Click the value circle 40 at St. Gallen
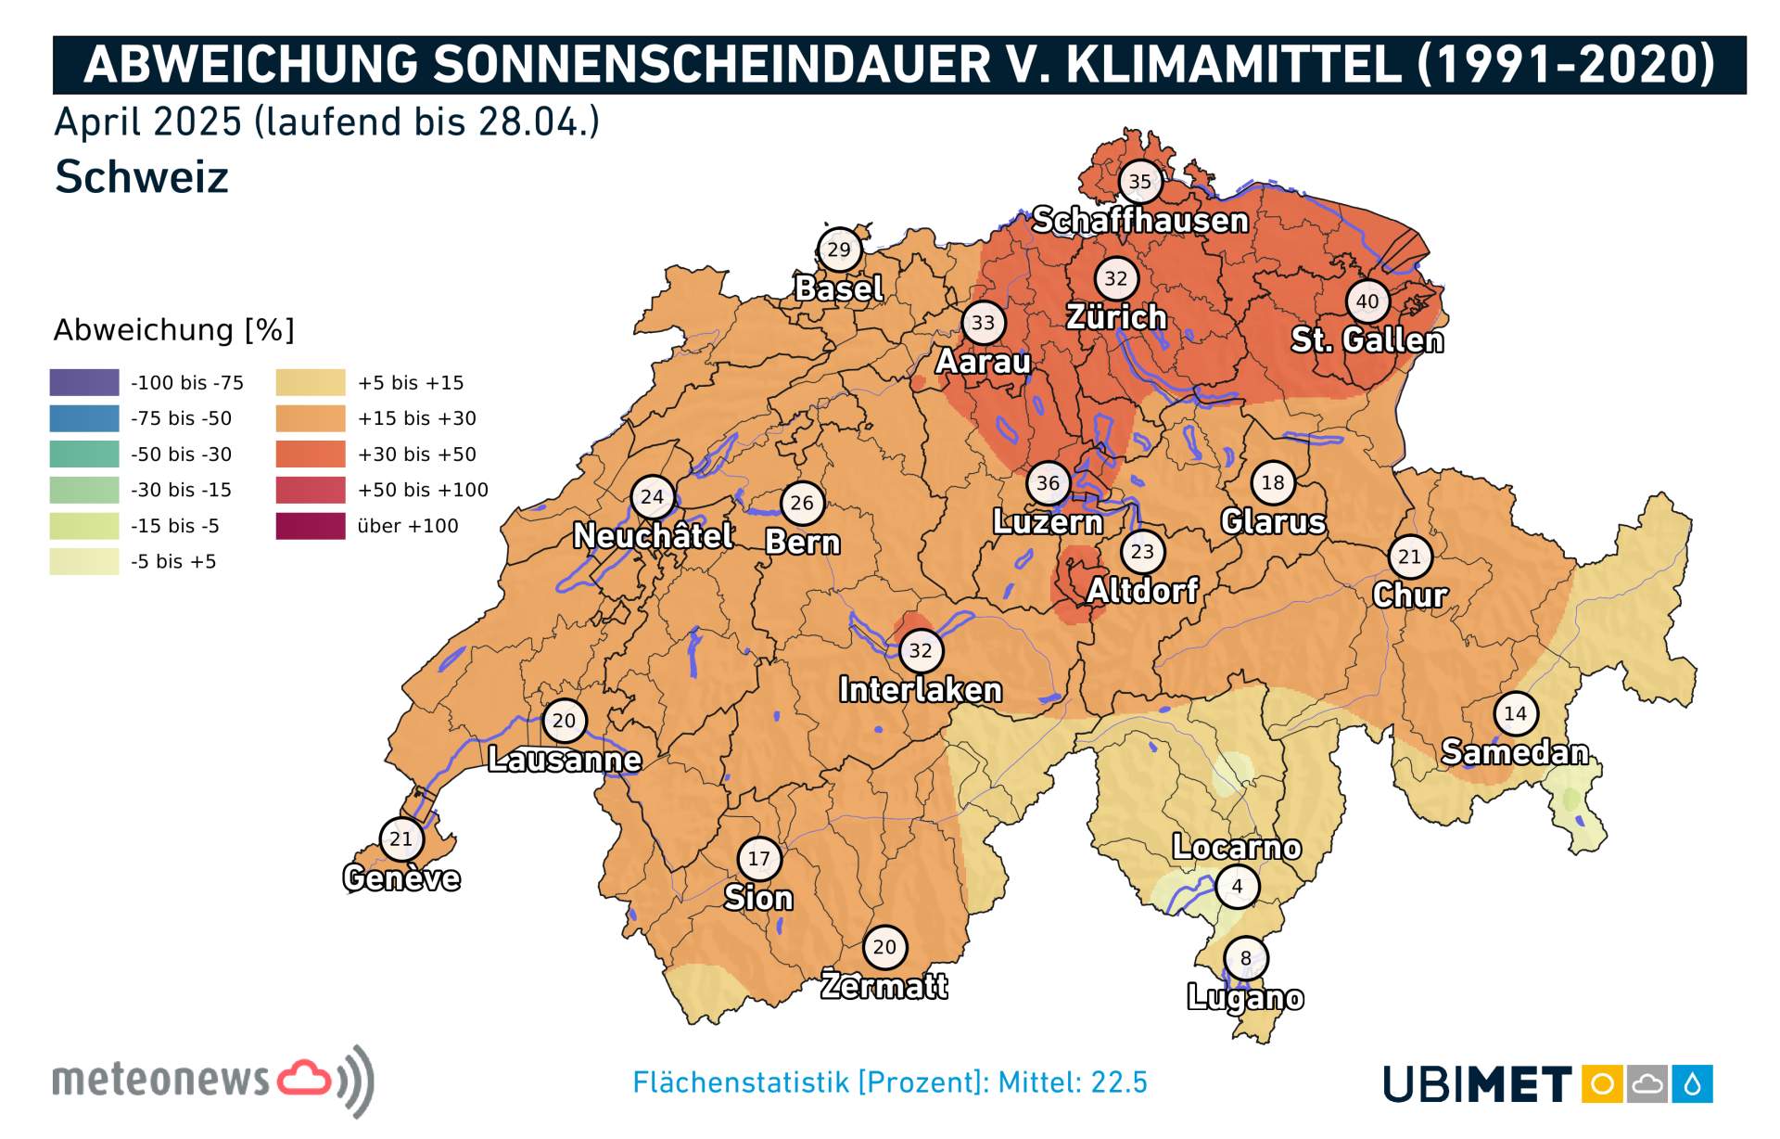pyautogui.click(x=1367, y=301)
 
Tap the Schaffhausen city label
pyautogui.click(x=1139, y=221)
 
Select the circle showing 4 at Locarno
pyautogui.click(x=1237, y=886)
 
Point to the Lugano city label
pyautogui.click(x=1245, y=997)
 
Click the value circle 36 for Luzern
pyautogui.click(x=1048, y=482)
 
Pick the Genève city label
pyautogui.click(x=400, y=877)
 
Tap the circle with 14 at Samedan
pyautogui.click(x=1515, y=713)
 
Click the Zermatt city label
pyautogui.click(x=884, y=985)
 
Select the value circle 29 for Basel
pyautogui.click(x=839, y=250)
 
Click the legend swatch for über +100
pyautogui.click(x=311, y=526)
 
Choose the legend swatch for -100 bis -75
pyautogui.click(x=84, y=382)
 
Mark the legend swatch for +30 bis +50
pyautogui.click(x=311, y=454)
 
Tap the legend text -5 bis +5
pyautogui.click(x=173, y=562)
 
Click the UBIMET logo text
pyautogui.click(x=1477, y=1083)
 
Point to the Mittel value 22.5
pyautogui.click(x=1119, y=1082)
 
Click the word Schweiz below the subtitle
pyautogui.click(x=142, y=176)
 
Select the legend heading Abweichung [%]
pyautogui.click(x=173, y=330)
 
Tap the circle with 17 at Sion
pyautogui.click(x=759, y=859)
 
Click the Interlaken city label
pyautogui.click(x=920, y=690)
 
